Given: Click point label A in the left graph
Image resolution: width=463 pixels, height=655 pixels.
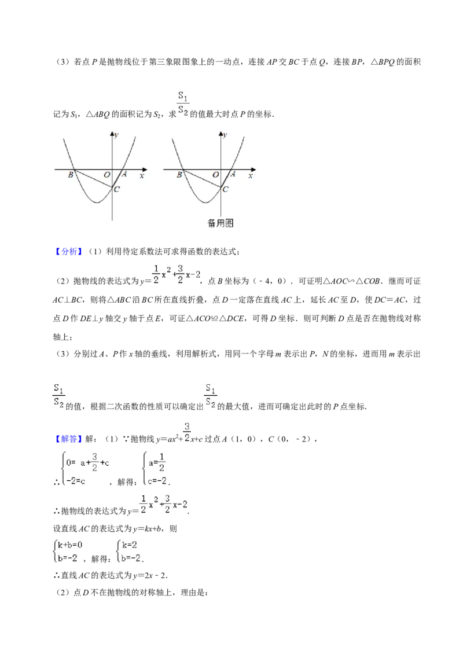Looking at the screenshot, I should coord(124,174).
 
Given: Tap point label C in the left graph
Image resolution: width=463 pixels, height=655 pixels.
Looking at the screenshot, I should coord(117,189).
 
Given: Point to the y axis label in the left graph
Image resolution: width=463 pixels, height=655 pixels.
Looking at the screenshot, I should coord(117,135).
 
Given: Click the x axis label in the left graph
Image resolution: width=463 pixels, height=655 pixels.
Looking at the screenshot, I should coord(142,175).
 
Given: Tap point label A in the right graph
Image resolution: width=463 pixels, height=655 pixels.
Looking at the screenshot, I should coord(233,174).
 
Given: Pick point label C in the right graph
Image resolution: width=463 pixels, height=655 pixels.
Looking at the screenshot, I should coord(226,189).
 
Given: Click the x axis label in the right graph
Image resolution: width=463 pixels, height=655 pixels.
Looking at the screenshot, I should coord(251,175).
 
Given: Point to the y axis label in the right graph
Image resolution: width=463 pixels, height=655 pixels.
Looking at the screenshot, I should coord(226,135).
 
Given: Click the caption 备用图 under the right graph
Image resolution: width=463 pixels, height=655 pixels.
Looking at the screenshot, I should coord(221,223).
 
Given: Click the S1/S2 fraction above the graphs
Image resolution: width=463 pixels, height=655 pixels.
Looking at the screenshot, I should coord(183,104).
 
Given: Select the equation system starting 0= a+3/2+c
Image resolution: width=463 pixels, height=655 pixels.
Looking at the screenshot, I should coord(86,467).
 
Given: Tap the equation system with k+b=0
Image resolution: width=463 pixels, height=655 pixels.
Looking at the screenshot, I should coord(67,551).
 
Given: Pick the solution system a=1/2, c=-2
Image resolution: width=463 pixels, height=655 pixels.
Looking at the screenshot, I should coord(155,467).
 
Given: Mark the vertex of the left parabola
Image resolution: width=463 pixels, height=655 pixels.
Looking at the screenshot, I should coord(97,203).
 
